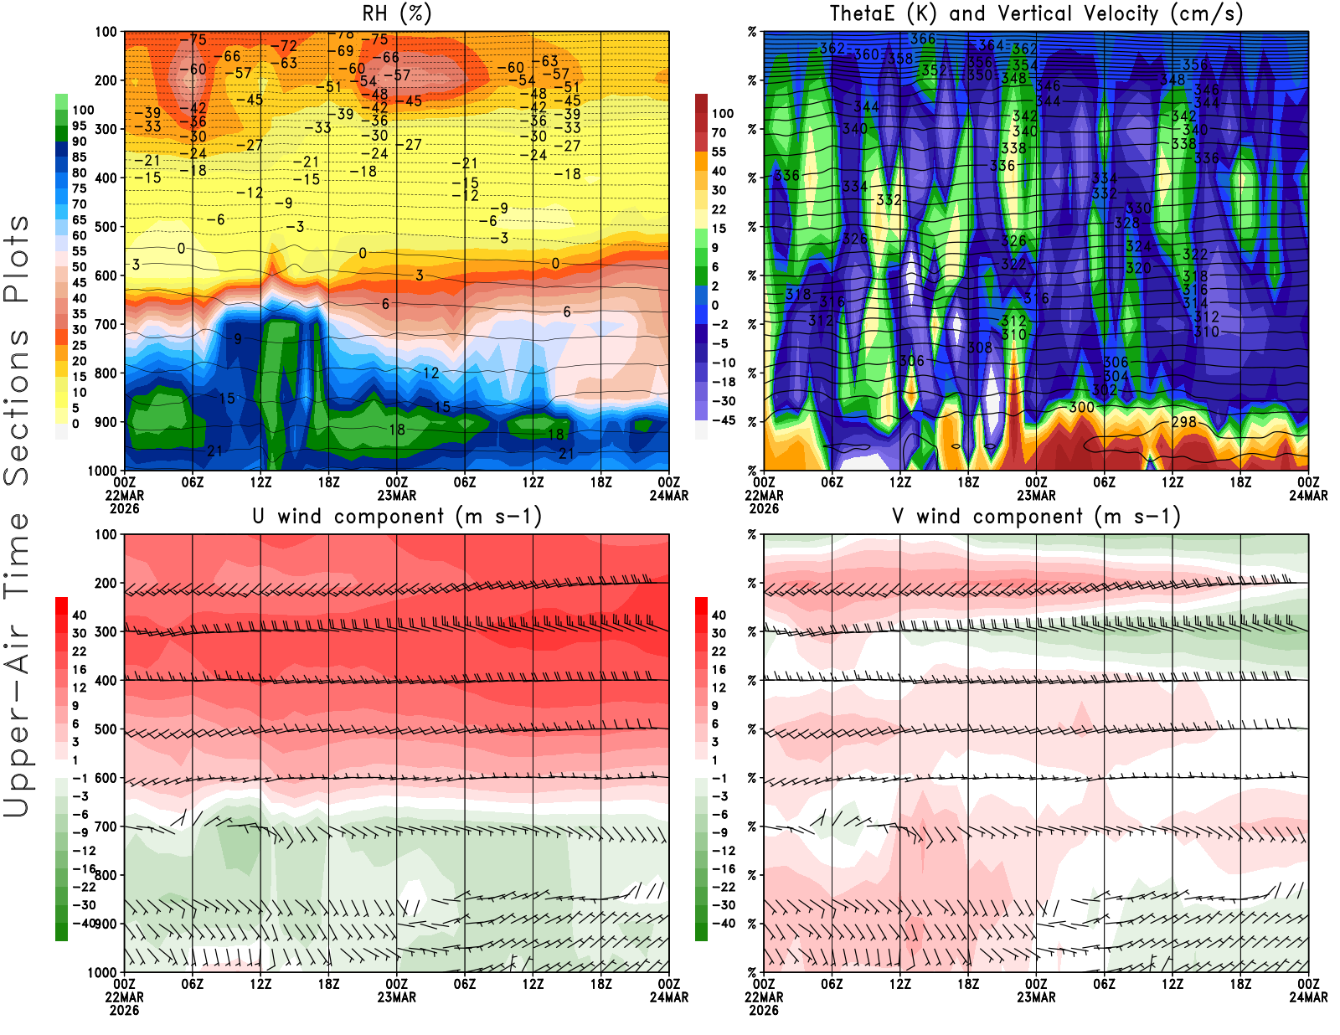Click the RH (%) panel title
coord(397,14)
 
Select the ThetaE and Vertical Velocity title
coord(1036,14)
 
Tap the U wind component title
coord(397,517)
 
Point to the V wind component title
coord(1036,517)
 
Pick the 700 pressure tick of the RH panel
coord(106,324)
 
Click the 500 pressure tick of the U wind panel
coord(106,729)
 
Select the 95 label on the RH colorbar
coord(80,126)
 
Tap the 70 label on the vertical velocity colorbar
coord(719,132)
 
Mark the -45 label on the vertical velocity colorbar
coord(723,420)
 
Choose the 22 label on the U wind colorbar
coord(80,651)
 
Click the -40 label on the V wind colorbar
coord(723,924)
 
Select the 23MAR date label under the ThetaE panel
coord(1036,496)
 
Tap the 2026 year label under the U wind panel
coord(124,1010)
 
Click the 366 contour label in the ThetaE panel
coord(922,39)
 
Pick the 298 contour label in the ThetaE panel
coord(1183,422)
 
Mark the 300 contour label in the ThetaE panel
coord(1081,407)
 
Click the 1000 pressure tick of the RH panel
coord(102,471)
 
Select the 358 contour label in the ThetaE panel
coord(900,59)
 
